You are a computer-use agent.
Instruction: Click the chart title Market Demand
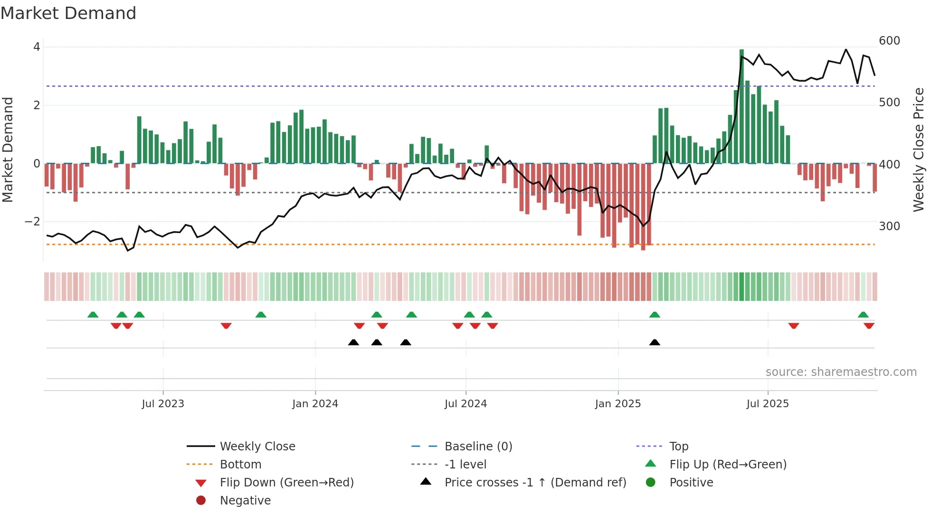point(68,13)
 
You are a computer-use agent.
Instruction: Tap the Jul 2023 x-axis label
point(163,404)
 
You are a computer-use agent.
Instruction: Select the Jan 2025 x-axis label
point(617,404)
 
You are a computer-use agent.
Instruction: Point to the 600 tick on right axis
point(889,41)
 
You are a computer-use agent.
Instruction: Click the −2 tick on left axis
point(32,222)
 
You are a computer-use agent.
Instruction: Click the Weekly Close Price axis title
point(919,149)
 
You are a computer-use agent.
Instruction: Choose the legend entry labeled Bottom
point(240,465)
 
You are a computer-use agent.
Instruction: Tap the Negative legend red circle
point(201,501)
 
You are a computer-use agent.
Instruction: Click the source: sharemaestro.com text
point(841,372)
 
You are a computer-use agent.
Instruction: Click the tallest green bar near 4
point(741,107)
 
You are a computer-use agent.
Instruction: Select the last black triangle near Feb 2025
point(655,342)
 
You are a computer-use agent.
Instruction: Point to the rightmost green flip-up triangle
point(863,315)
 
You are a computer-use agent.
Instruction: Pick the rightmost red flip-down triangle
point(869,326)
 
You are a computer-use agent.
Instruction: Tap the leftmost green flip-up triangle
point(93,315)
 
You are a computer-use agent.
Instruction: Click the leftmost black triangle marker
point(353,342)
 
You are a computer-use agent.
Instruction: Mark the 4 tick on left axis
point(37,47)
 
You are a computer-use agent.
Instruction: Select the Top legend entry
point(678,447)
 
